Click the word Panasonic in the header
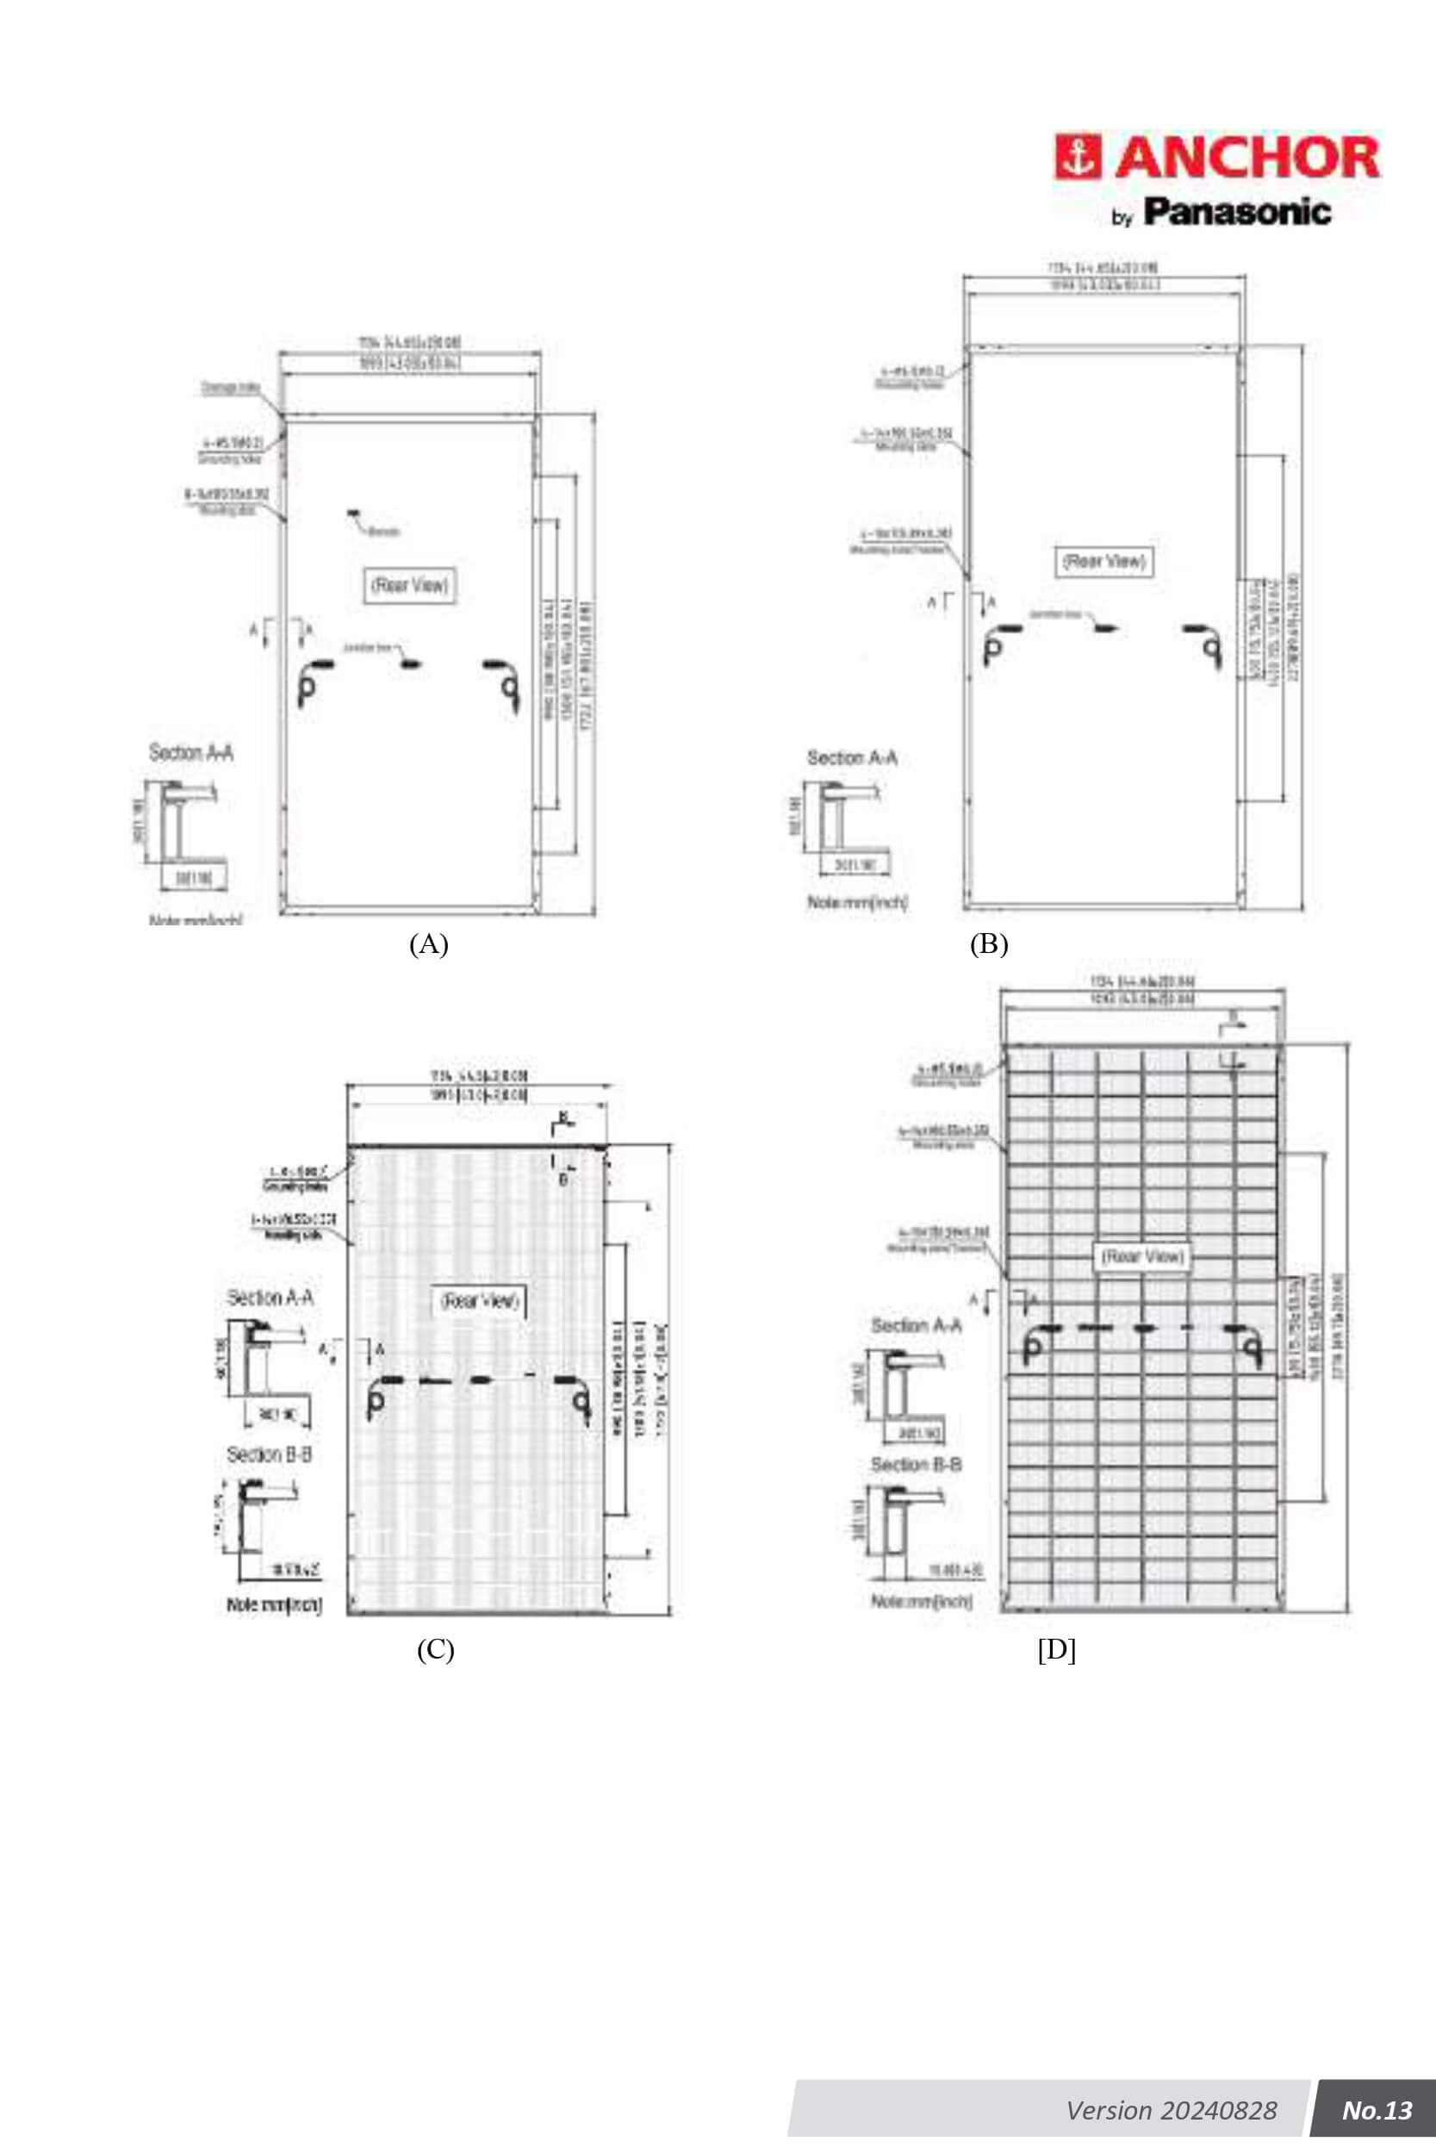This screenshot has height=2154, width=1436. click(x=1237, y=213)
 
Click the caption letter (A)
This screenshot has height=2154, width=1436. click(x=429, y=944)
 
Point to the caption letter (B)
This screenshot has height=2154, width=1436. click(x=989, y=944)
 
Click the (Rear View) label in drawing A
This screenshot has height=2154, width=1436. click(x=410, y=585)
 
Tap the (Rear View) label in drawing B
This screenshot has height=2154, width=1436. click(x=1103, y=562)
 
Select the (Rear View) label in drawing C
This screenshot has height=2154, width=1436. click(x=480, y=1300)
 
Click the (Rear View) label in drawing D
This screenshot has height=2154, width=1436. click(x=1142, y=1256)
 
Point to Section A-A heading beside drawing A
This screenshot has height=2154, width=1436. click(x=191, y=753)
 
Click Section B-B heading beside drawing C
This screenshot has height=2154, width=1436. click(x=270, y=1454)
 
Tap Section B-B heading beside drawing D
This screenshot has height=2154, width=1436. click(x=916, y=1465)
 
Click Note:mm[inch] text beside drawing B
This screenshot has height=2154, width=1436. click(x=857, y=903)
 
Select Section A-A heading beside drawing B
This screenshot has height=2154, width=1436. click(x=852, y=758)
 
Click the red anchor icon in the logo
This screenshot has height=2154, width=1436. click(x=1078, y=159)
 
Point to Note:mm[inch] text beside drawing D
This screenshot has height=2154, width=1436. click(x=920, y=1601)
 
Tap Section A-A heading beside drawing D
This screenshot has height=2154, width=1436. click(x=916, y=1325)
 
